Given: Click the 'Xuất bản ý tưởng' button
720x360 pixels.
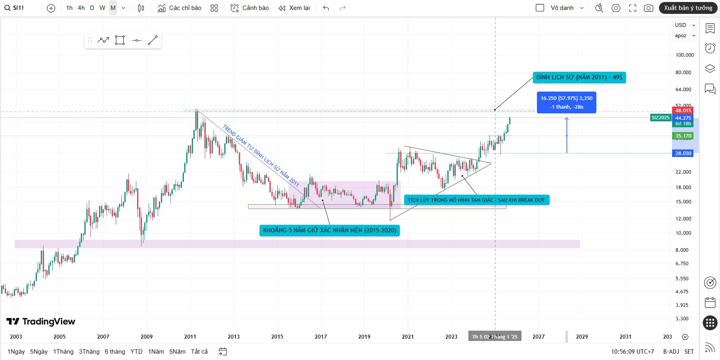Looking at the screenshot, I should click(688, 8).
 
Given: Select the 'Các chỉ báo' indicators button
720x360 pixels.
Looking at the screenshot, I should click(180, 8).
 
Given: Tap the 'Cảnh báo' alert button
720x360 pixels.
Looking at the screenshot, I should click(250, 8).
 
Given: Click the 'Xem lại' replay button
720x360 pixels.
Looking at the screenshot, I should click(294, 8).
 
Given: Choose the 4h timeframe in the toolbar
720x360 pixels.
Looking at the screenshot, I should click(81, 8).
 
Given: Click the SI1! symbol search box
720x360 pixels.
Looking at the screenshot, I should click(15, 8).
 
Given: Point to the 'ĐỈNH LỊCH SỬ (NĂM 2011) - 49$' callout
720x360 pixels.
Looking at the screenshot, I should click(579, 77).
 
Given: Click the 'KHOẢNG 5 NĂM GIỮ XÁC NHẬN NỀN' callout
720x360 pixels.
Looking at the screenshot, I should click(329, 230).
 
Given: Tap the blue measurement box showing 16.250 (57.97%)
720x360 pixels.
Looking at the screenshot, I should click(566, 102).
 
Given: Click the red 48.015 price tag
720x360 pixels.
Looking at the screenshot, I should click(683, 111).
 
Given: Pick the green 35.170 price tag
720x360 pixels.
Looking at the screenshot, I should click(683, 136).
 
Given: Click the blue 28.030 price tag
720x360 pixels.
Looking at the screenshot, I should click(683, 153).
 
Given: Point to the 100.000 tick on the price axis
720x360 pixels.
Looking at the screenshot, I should click(684, 55).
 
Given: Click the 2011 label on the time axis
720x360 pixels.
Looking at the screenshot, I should click(190, 337).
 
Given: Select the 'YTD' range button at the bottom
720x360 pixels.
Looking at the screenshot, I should click(136, 352).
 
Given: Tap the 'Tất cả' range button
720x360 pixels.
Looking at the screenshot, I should click(199, 352).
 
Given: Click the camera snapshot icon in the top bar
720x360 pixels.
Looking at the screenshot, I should click(648, 8).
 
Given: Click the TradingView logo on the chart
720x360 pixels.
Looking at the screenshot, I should click(41, 322).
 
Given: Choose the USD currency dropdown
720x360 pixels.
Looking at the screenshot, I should click(685, 25).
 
